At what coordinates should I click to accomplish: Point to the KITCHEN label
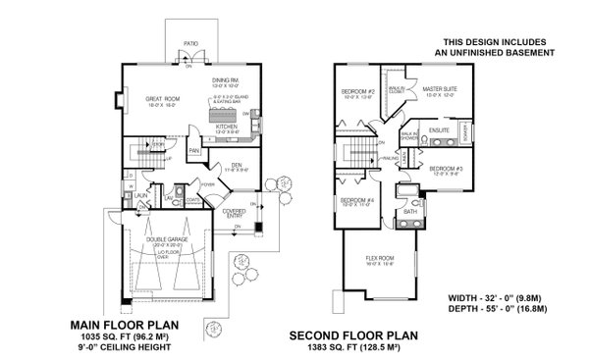click(228, 127)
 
